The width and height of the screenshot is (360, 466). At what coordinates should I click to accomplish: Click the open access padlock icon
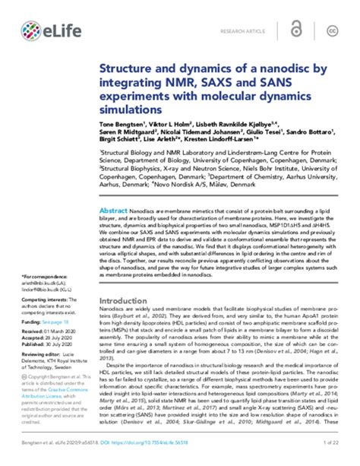[305, 30]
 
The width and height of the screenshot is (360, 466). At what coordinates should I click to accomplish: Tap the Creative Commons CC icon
[331, 30]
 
